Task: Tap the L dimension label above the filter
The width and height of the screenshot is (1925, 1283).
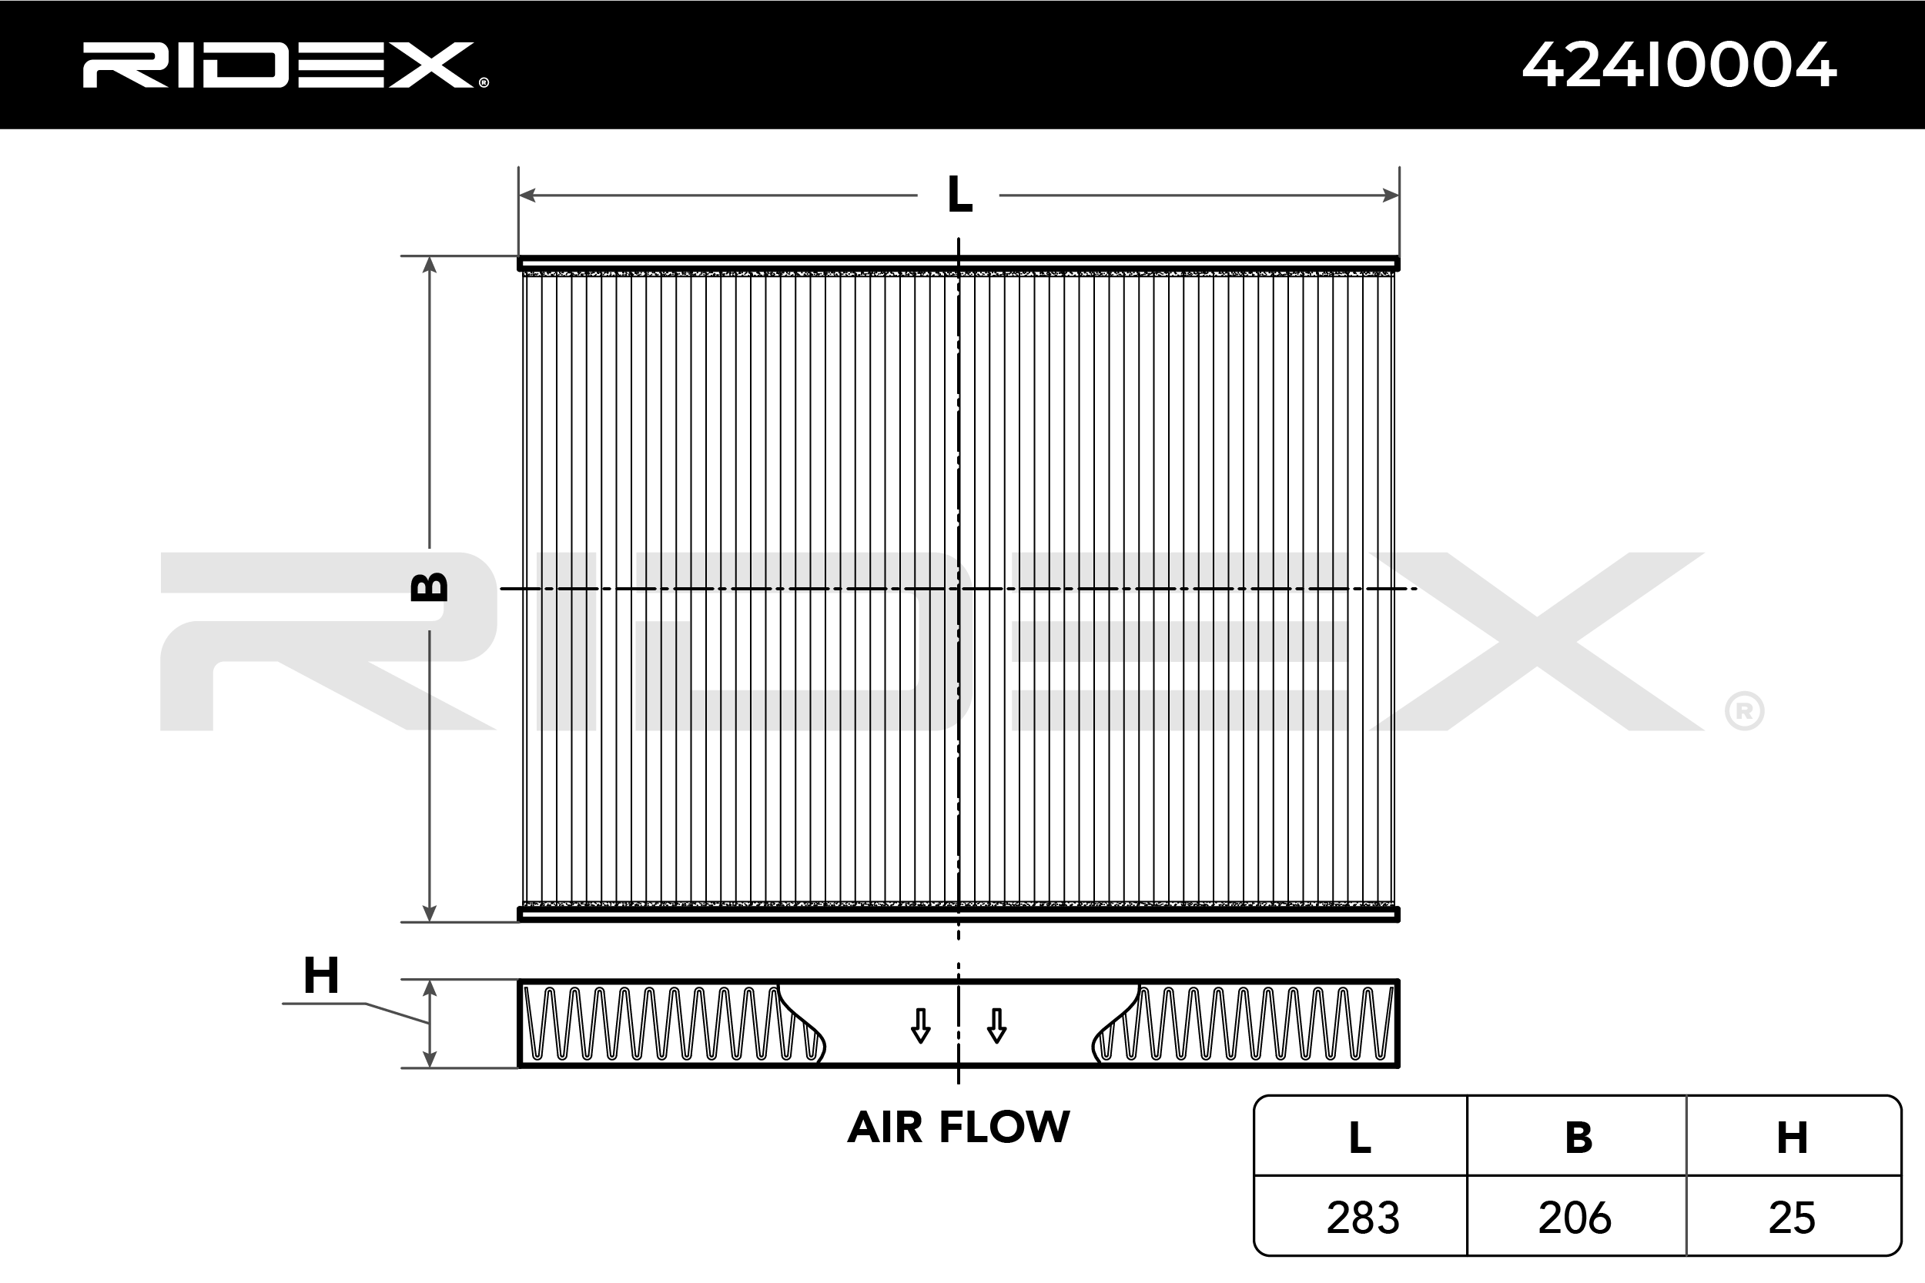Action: click(x=959, y=195)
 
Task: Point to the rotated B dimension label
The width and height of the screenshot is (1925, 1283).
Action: click(x=429, y=586)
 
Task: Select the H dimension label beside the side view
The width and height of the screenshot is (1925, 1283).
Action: click(x=321, y=975)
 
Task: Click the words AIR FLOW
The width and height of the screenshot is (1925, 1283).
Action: click(x=959, y=1128)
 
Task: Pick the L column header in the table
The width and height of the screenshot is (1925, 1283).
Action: click(x=1360, y=1138)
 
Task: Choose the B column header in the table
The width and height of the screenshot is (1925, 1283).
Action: click(x=1578, y=1138)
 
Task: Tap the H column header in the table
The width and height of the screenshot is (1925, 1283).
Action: click(x=1793, y=1138)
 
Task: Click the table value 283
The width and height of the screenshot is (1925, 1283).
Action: click(x=1363, y=1218)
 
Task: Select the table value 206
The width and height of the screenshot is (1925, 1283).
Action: click(x=1575, y=1218)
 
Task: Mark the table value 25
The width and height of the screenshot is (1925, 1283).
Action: click(x=1793, y=1218)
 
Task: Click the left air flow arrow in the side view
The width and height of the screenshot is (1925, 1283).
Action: click(x=921, y=1026)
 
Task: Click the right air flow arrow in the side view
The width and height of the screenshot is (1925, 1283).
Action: click(x=996, y=1026)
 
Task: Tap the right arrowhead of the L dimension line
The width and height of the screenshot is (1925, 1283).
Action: click(x=1391, y=195)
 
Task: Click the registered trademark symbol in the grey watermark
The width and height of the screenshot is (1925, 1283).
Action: click(x=1744, y=711)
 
